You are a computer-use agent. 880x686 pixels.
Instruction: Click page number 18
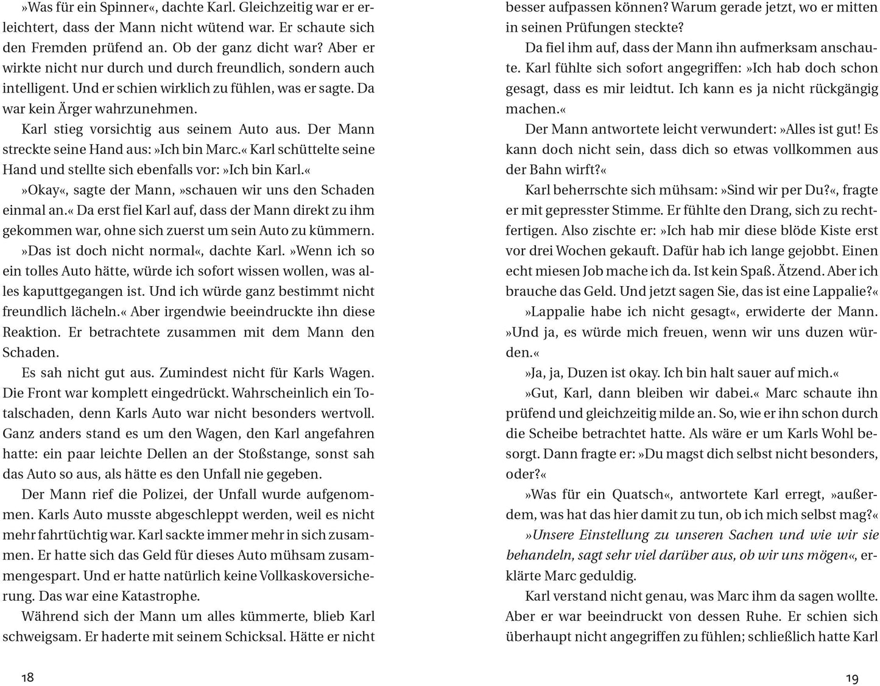(27, 677)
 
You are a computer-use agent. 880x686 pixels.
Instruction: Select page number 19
(852, 678)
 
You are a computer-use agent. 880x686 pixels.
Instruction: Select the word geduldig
(601, 576)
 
